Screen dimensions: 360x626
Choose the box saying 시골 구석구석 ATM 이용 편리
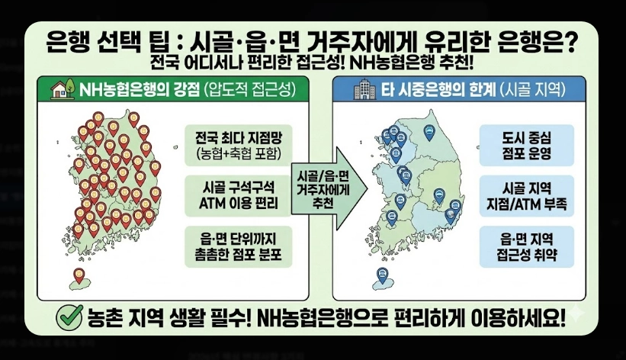[233, 194]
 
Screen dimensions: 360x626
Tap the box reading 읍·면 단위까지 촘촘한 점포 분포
[233, 246]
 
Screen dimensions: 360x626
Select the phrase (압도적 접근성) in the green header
[248, 90]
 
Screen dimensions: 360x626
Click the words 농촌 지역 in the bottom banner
[125, 316]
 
